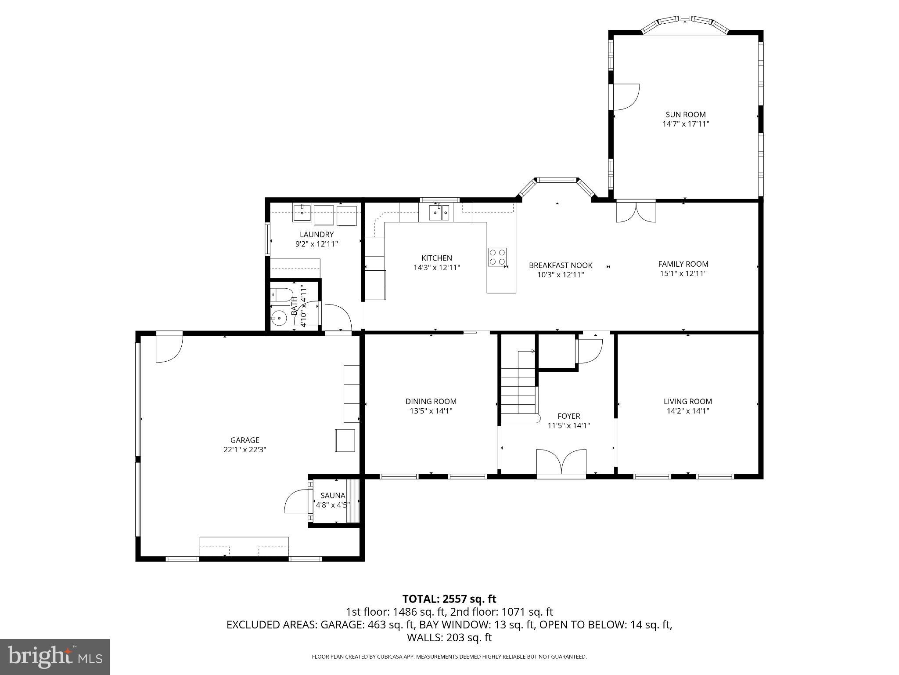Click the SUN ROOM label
685,115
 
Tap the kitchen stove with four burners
497,257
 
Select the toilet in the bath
281,294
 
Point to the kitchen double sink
439,213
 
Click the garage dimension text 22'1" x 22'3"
245,450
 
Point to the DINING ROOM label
431,401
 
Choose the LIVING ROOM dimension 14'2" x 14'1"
687,411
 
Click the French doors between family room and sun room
636,211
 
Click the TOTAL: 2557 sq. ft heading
449,599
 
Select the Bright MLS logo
55,657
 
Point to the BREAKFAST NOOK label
561,265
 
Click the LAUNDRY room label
316,235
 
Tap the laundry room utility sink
302,213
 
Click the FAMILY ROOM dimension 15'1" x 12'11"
683,273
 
